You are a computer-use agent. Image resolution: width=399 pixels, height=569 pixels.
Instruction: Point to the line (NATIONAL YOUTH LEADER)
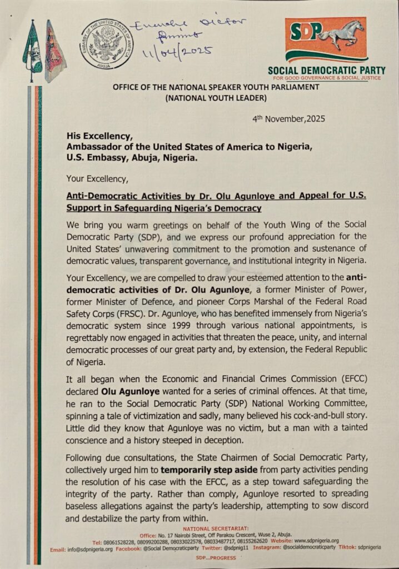(208, 98)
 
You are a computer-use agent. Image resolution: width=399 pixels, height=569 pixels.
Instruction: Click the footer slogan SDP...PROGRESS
(208, 557)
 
